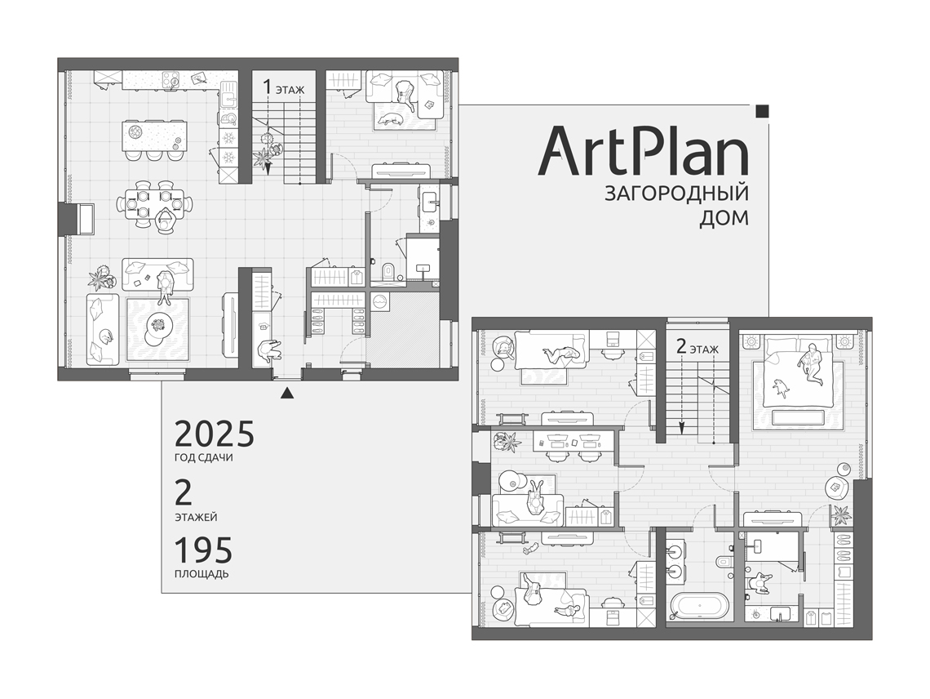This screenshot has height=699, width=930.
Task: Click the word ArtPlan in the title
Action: click(644, 150)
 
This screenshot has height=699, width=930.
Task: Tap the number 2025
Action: click(214, 434)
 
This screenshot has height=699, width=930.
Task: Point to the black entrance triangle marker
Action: click(287, 393)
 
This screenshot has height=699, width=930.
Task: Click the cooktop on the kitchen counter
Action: click(172, 79)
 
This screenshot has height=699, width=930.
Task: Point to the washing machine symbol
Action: click(379, 301)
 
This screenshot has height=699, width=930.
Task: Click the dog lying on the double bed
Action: click(782, 387)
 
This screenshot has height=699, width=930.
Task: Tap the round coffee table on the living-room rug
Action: click(158, 324)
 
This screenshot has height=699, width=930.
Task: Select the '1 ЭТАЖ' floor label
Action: click(284, 88)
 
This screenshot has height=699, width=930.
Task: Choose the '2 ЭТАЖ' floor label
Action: click(697, 347)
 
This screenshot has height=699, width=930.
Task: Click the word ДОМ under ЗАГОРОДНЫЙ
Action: click(724, 219)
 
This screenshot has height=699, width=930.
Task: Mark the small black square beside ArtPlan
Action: click(763, 110)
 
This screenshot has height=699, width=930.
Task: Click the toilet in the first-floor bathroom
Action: click(388, 271)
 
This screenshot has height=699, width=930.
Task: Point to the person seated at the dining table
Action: click(164, 220)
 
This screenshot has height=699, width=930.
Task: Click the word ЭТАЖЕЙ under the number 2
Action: click(197, 517)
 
